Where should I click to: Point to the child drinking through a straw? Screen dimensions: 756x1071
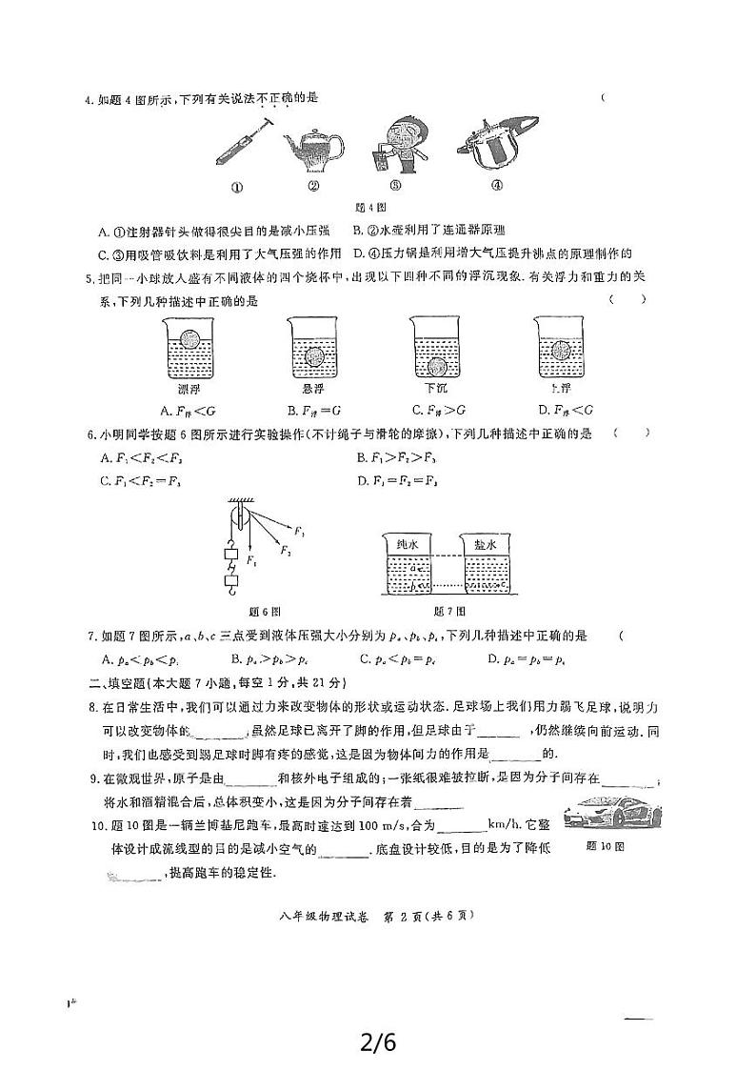coord(399,143)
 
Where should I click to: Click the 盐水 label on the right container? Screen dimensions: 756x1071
coord(484,544)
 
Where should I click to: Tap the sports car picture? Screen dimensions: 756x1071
coord(610,812)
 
